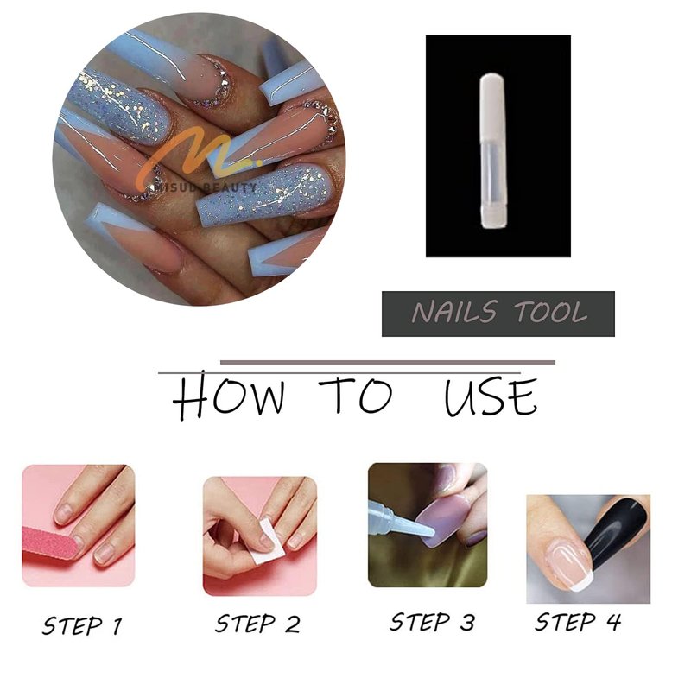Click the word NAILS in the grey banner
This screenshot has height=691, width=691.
pyautogui.click(x=454, y=312)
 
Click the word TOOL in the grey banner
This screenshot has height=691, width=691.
pyautogui.click(x=551, y=312)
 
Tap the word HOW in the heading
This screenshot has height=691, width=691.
pyautogui.click(x=228, y=395)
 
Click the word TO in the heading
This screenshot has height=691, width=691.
pyautogui.click(x=355, y=395)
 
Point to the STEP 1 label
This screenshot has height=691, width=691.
pyautogui.click(x=81, y=625)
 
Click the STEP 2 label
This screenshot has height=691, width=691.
pyautogui.click(x=257, y=624)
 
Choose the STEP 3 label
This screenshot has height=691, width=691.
pyautogui.click(x=433, y=622)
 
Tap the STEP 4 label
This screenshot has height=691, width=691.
pyautogui.click(x=577, y=622)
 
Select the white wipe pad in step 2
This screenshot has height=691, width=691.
pyautogui.click(x=265, y=542)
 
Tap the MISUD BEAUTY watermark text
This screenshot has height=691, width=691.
pyautogui.click(x=204, y=188)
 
